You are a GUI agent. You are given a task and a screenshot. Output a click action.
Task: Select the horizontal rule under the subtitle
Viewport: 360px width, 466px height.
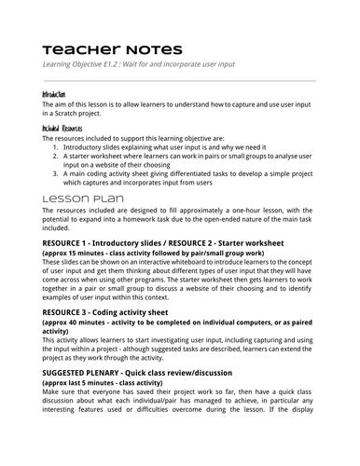[x=179, y=79]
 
